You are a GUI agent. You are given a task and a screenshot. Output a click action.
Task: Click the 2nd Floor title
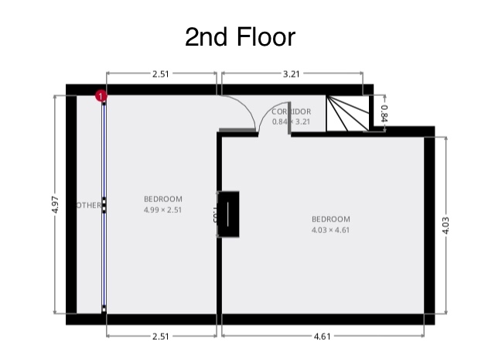click(x=240, y=36)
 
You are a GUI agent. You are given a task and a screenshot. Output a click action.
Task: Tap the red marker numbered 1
click(x=101, y=96)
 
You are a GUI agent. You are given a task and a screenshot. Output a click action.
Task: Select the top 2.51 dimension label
click(x=161, y=74)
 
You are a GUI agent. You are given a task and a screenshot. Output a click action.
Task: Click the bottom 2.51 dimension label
click(x=161, y=336)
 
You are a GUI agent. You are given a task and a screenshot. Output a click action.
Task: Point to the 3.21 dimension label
click(x=291, y=74)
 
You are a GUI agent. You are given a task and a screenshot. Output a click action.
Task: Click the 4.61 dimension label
click(x=323, y=336)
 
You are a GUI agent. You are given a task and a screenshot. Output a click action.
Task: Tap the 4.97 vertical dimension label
click(x=55, y=205)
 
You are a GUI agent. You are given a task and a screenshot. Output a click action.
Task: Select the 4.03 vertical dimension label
click(x=446, y=225)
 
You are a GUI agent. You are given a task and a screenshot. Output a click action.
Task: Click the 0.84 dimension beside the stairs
click(x=384, y=113)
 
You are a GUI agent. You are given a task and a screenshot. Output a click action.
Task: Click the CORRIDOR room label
click(x=292, y=112)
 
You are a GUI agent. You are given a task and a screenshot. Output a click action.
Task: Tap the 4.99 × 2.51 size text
click(x=162, y=210)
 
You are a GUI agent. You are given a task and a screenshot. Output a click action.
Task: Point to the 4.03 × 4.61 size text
click(x=331, y=230)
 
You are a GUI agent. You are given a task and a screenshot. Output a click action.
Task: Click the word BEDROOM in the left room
click(x=162, y=199)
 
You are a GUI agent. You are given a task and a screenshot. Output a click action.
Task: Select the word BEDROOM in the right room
click(x=331, y=219)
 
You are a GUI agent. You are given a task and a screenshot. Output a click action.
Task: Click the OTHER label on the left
click(x=89, y=205)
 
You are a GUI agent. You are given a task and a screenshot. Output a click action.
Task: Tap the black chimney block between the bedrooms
click(x=230, y=213)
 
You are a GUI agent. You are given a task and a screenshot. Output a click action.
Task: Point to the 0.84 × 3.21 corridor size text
click(x=291, y=122)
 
